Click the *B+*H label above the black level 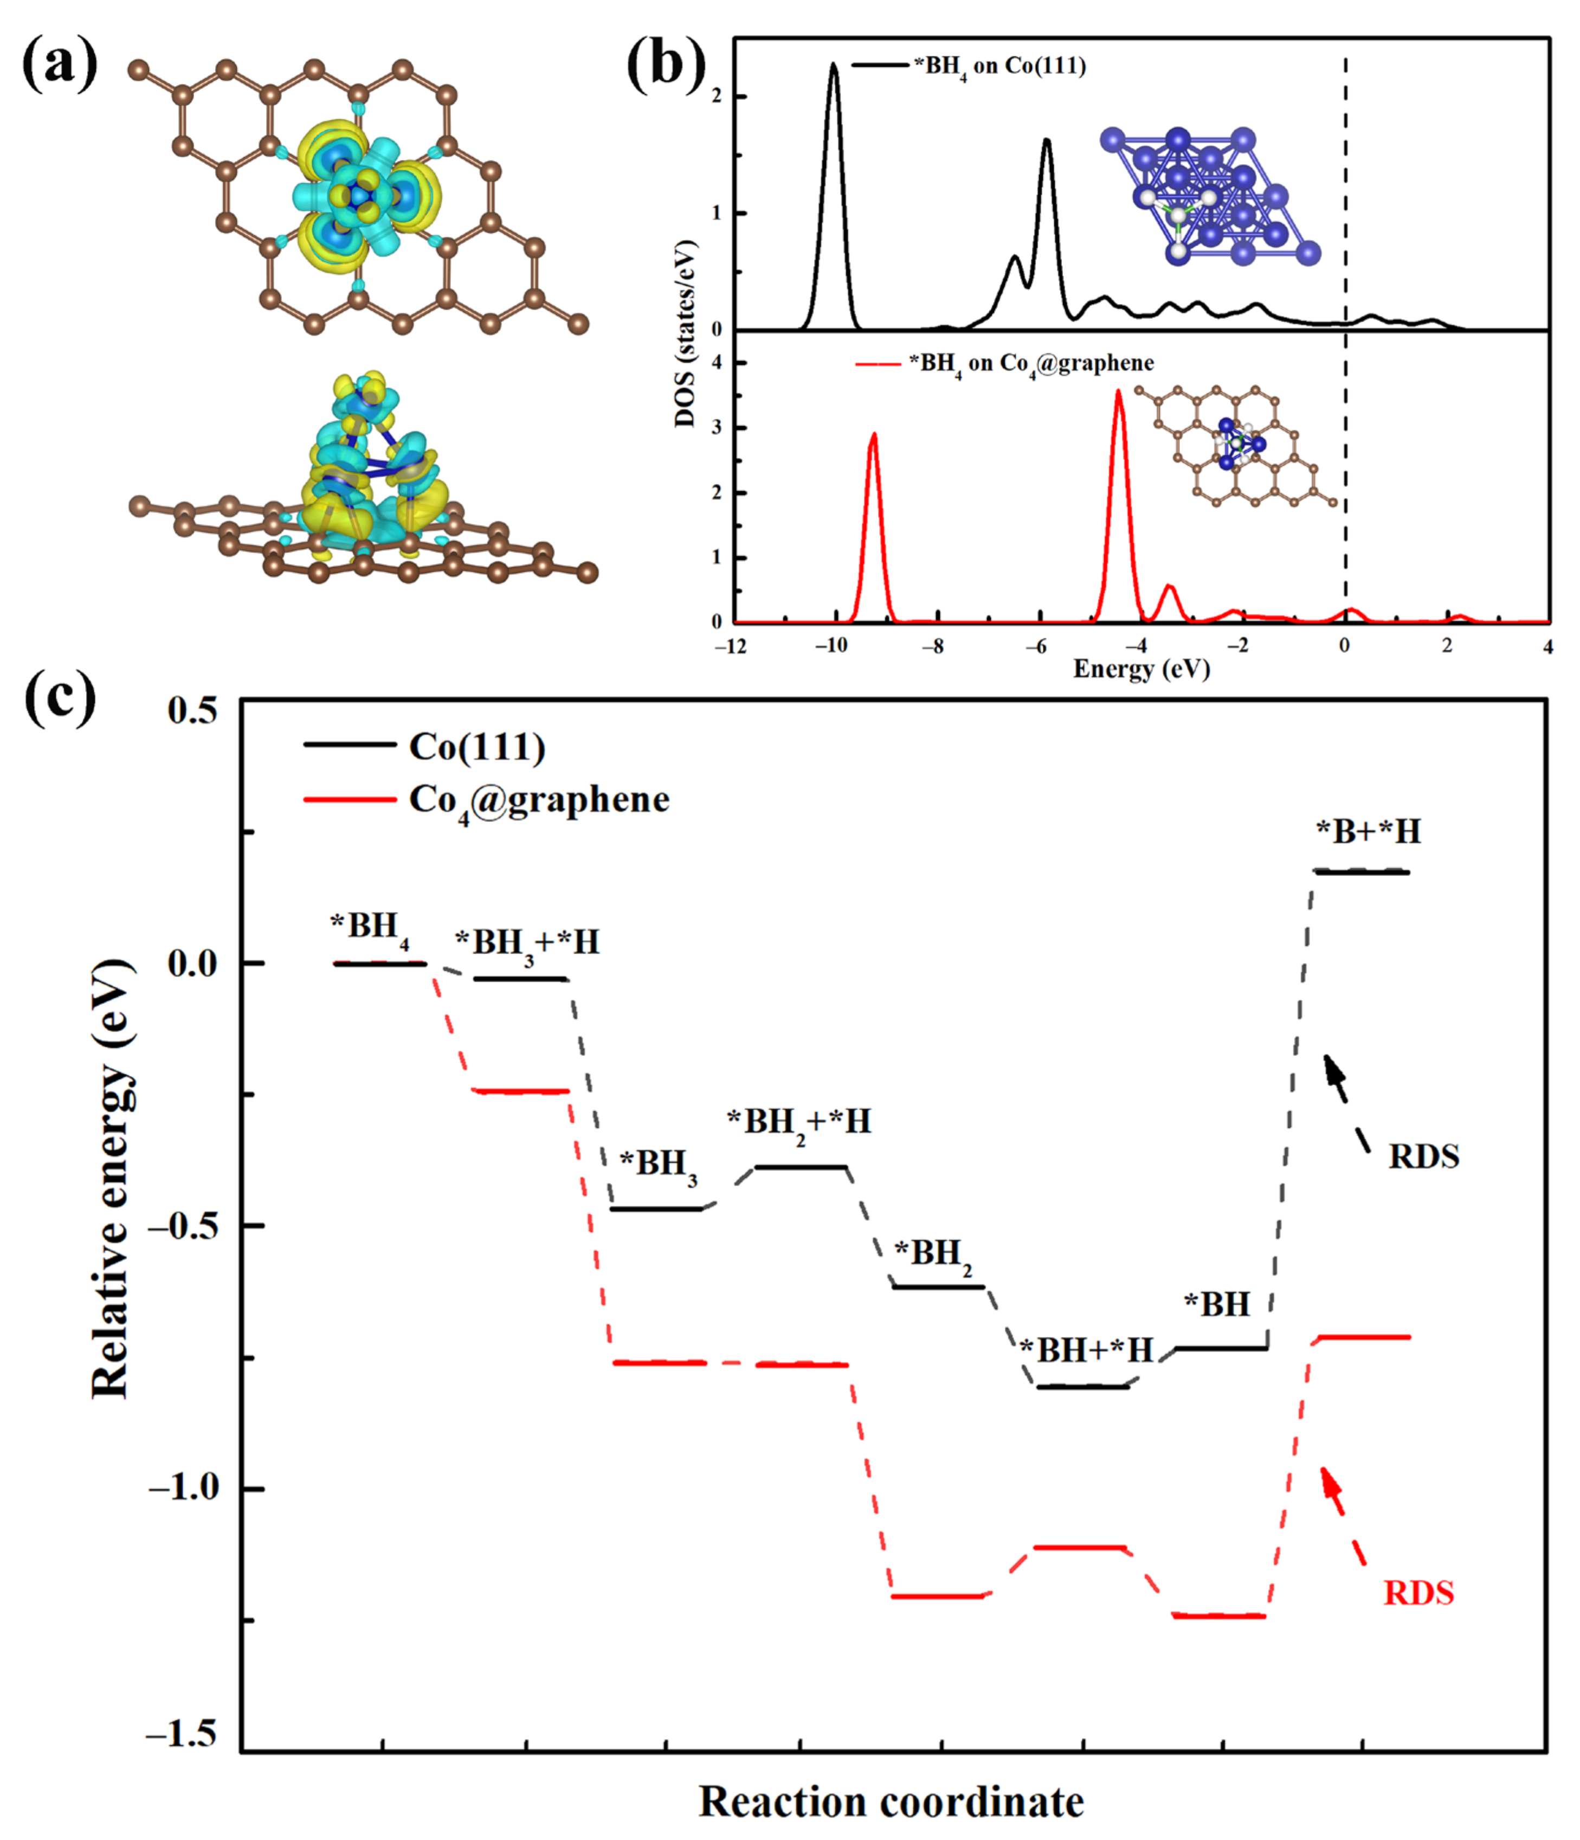point(1368,831)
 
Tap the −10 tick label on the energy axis point(831,646)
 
